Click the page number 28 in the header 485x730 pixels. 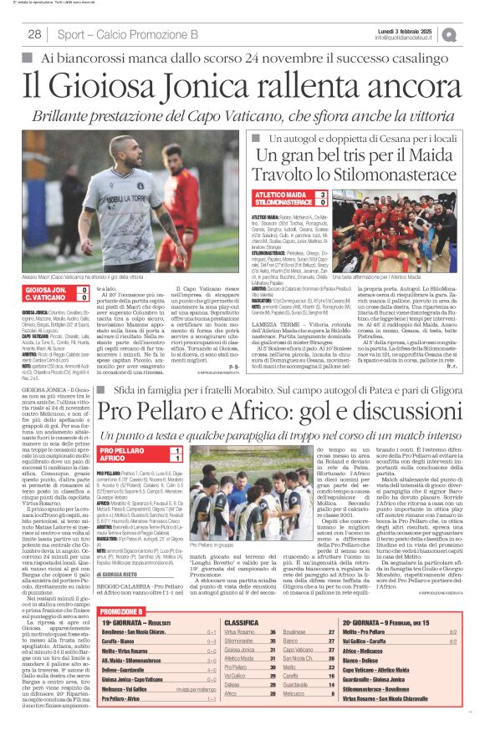click(34, 34)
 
